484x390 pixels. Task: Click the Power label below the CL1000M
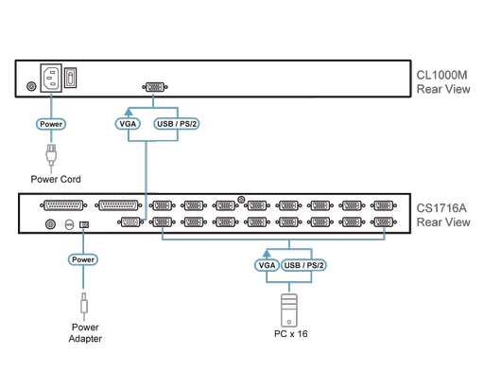pos(50,123)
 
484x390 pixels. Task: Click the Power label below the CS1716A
pos(84,257)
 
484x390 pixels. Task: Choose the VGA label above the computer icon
pos(268,267)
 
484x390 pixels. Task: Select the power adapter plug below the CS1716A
pos(84,308)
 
